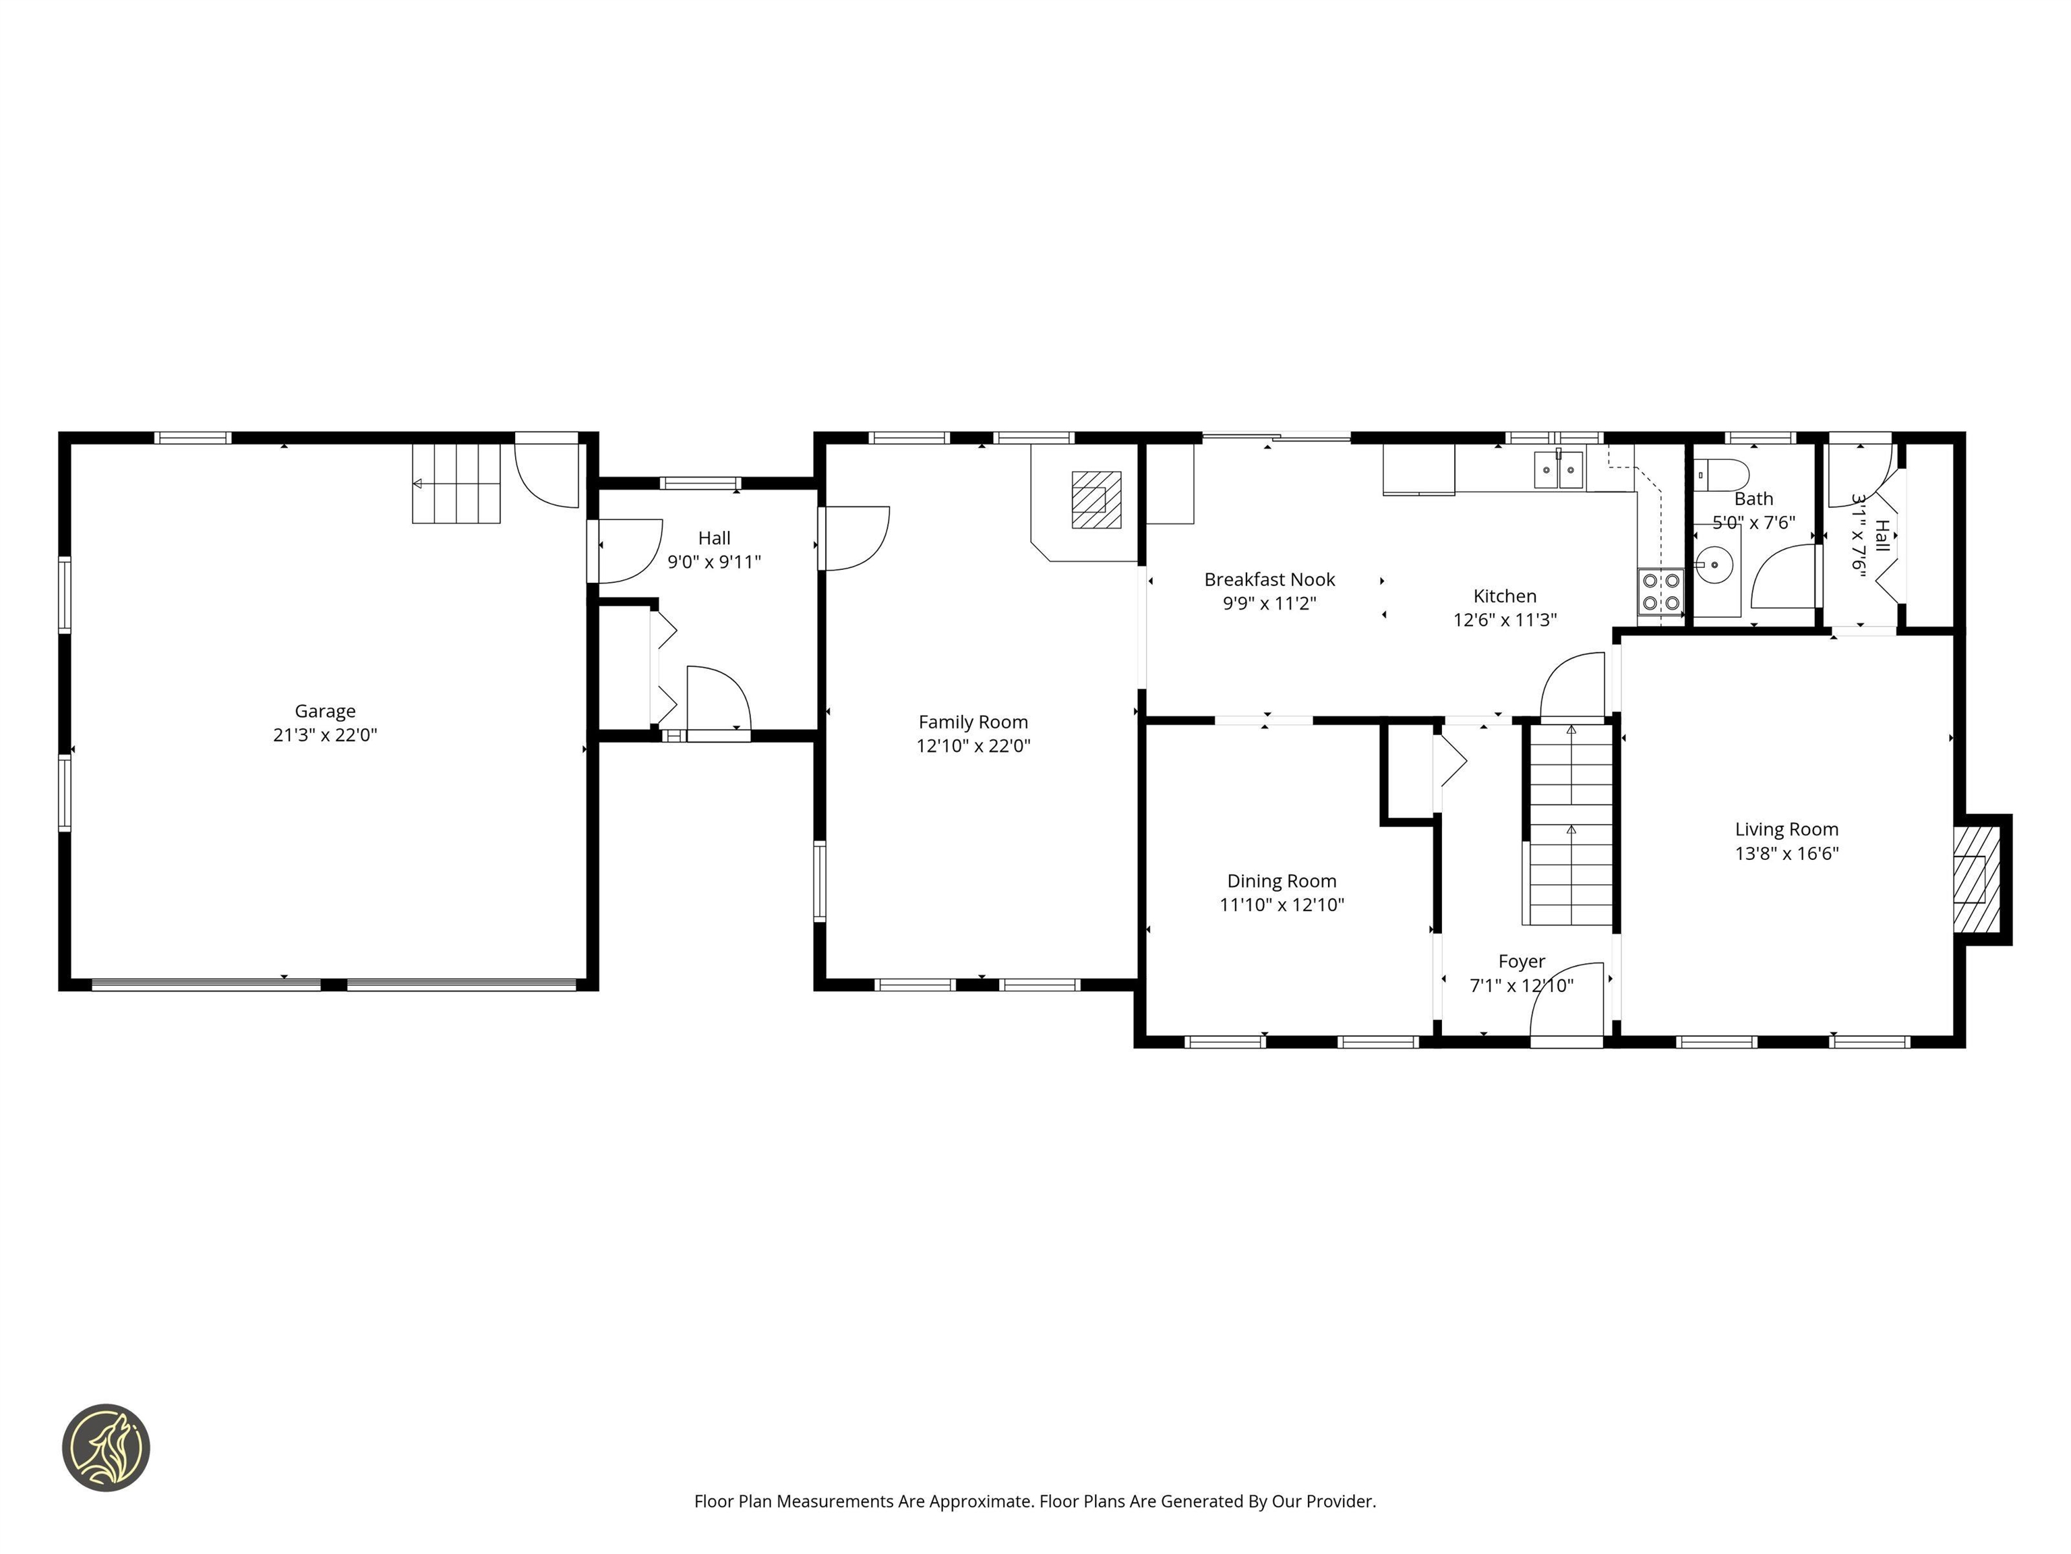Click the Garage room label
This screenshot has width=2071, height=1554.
[325, 711]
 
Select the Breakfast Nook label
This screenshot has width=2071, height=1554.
[1269, 580]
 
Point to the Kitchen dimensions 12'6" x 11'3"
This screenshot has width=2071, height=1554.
[1505, 620]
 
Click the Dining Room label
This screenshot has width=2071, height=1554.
[1281, 882]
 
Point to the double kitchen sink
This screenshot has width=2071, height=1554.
[1558, 469]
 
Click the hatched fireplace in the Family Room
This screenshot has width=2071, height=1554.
[1095, 499]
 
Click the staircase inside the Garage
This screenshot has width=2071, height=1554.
[457, 484]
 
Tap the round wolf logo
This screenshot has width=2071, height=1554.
[106, 1447]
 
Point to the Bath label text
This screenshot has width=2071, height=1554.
[1753, 499]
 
